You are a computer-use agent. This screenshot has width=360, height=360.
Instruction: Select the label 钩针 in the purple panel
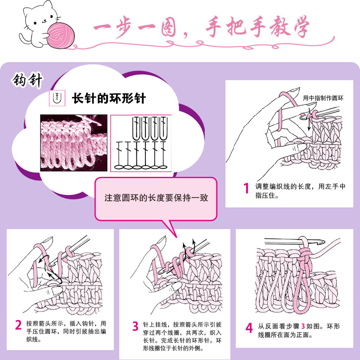click(x=27, y=81)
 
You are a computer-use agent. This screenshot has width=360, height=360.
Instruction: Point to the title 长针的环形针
click(x=109, y=98)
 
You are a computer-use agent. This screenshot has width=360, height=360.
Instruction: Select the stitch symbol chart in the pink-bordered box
click(x=141, y=143)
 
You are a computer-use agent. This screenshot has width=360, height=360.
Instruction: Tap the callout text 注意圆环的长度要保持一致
click(x=156, y=198)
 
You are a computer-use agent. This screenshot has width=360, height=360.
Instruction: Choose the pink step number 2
click(x=18, y=324)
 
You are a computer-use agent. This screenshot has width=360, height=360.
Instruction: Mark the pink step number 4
click(x=249, y=328)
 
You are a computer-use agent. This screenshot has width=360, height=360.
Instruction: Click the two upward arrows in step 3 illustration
click(x=189, y=246)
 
